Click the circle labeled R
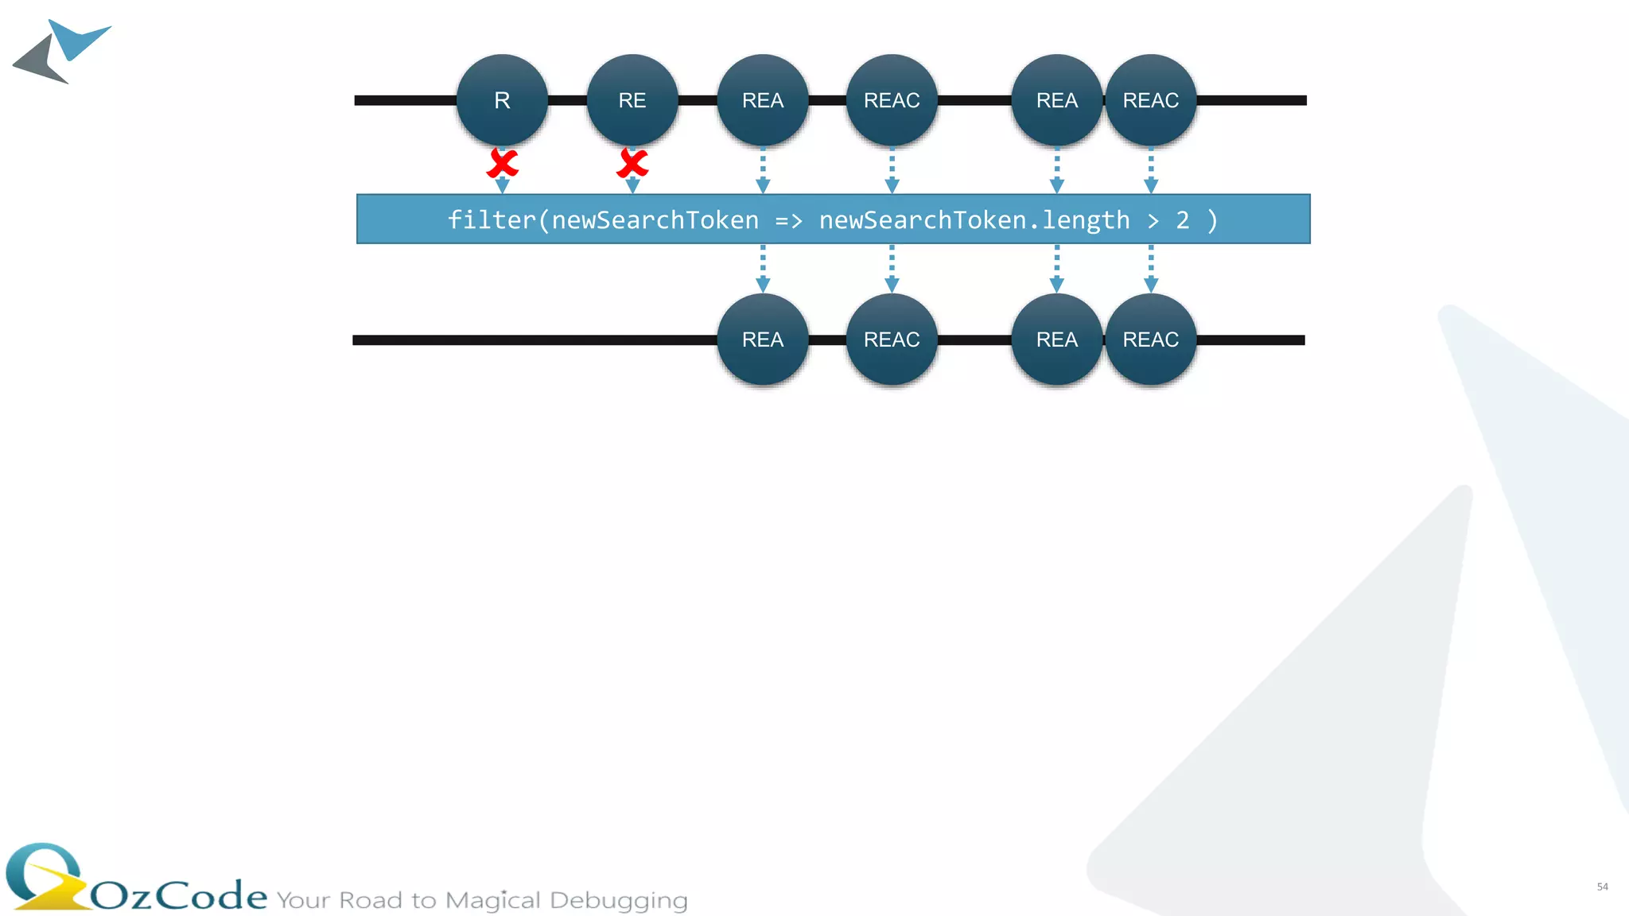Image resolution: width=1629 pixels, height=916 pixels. click(x=502, y=100)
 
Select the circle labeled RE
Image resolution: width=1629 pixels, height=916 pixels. click(x=632, y=100)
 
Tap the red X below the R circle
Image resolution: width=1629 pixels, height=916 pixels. click(x=503, y=164)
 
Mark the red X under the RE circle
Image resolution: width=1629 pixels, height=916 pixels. click(x=632, y=164)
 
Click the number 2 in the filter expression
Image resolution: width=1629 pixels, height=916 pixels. click(x=1183, y=220)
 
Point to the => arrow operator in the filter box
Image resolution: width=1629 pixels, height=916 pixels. click(x=788, y=220)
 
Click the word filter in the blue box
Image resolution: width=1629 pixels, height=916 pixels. click(x=492, y=220)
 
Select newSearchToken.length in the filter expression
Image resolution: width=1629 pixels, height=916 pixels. click(x=974, y=220)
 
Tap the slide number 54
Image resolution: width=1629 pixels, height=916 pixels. click(x=1602, y=887)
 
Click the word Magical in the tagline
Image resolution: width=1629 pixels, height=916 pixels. click(x=492, y=900)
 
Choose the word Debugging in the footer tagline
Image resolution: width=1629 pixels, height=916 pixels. click(x=618, y=900)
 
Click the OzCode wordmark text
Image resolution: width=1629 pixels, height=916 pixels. click(x=179, y=896)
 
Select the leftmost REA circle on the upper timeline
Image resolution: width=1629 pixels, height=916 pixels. click(x=763, y=100)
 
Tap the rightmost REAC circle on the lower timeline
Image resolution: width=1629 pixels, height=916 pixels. click(x=1150, y=340)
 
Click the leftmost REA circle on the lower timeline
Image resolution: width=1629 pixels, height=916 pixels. click(x=763, y=340)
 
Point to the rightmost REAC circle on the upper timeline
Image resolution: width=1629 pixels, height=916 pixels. click(x=1150, y=100)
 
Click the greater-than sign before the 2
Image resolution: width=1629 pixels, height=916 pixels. click(x=1153, y=220)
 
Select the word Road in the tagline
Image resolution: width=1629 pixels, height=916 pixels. click(x=370, y=900)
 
